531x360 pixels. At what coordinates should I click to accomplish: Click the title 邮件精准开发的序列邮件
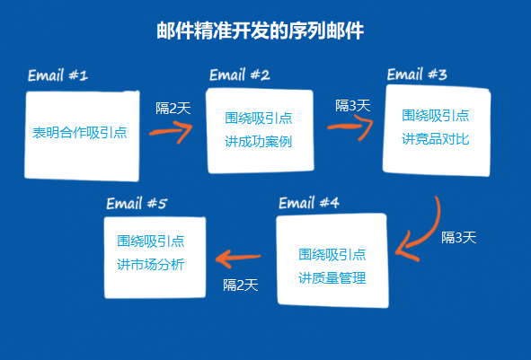[x=260, y=31]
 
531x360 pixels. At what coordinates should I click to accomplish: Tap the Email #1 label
[x=58, y=75]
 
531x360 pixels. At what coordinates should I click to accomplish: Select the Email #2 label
[x=240, y=75]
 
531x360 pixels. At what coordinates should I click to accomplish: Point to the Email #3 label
[x=417, y=75]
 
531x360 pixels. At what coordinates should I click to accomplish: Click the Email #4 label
[x=309, y=203]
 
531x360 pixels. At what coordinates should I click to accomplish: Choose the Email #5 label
[x=137, y=204]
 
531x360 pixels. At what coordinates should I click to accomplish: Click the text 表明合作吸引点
[x=80, y=133]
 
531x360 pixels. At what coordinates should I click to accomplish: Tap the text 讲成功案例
[x=259, y=142]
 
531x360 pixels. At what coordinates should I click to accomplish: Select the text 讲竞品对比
[x=436, y=139]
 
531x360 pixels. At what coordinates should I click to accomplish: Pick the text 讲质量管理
[x=332, y=278]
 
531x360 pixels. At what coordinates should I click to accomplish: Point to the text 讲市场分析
[x=151, y=264]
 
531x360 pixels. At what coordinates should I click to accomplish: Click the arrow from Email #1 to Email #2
[x=171, y=131]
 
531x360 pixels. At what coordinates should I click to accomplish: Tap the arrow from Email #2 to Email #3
[x=350, y=127]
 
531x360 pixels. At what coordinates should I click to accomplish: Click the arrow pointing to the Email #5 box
[x=238, y=258]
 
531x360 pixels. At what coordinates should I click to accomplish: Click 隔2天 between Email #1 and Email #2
[x=173, y=109]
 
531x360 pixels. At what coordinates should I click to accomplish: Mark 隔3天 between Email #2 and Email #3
[x=353, y=106]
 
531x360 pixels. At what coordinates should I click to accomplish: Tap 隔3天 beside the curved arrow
[x=459, y=238]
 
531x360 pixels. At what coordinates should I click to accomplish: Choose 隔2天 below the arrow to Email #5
[x=241, y=285]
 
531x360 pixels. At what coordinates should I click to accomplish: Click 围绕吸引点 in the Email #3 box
[x=436, y=116]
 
